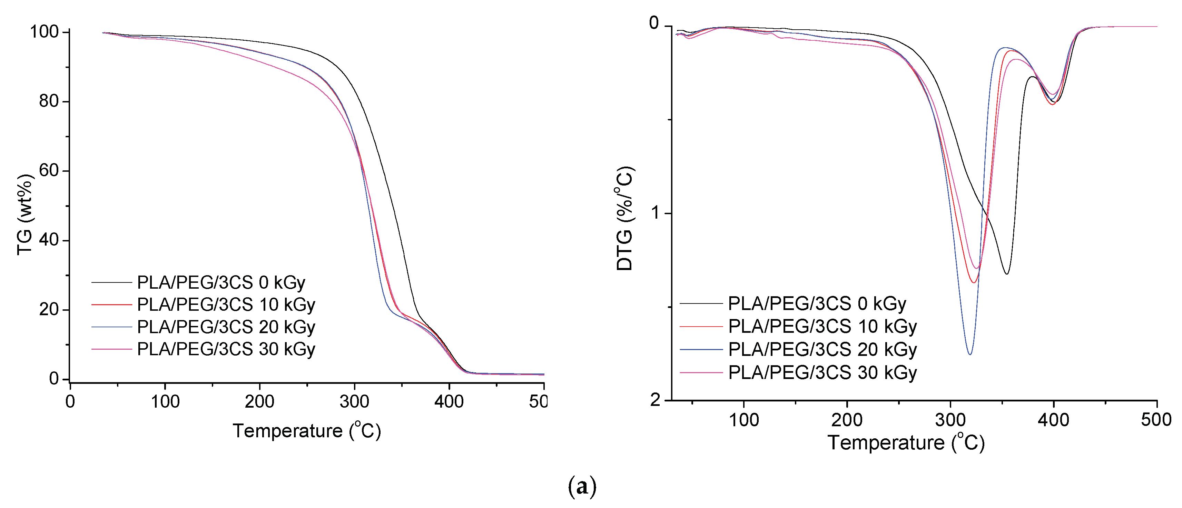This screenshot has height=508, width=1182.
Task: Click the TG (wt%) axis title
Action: (25, 215)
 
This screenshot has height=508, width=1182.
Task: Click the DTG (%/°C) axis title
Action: (624, 218)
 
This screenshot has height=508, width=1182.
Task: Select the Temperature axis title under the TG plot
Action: (306, 431)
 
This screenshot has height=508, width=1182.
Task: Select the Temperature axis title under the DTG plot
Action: (906, 443)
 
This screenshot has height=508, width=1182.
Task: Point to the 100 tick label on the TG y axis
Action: (44, 32)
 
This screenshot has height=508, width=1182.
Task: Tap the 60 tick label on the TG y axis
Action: (50, 171)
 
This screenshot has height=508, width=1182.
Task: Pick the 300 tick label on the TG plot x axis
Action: (354, 402)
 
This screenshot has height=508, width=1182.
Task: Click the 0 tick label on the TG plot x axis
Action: (70, 402)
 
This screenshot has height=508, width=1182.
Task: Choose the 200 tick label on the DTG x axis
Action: (847, 419)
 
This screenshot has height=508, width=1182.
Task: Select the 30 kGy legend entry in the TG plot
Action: (226, 349)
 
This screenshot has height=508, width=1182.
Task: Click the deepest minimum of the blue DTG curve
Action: (970, 354)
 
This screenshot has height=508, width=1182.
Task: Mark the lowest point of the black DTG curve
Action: (1007, 274)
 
